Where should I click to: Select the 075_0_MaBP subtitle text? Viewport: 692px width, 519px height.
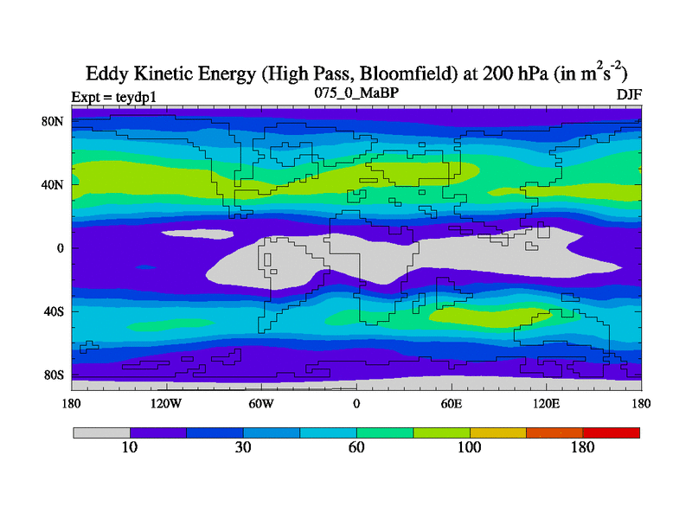point(356,92)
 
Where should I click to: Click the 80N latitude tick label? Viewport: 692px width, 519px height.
point(54,121)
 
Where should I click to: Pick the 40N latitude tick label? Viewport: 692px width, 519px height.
point(54,184)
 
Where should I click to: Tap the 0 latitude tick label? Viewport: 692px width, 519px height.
point(61,248)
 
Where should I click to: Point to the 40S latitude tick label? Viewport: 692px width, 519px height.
point(54,311)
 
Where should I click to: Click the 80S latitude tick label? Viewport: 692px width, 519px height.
point(54,375)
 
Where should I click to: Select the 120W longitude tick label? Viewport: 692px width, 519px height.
point(166,402)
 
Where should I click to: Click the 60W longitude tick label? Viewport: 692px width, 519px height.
point(261,402)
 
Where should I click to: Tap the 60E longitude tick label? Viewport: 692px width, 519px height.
point(451,402)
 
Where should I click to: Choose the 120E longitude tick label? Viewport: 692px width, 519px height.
point(546,402)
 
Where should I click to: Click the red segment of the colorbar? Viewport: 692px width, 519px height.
point(612,432)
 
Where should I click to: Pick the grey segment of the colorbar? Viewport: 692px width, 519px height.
point(101,432)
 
